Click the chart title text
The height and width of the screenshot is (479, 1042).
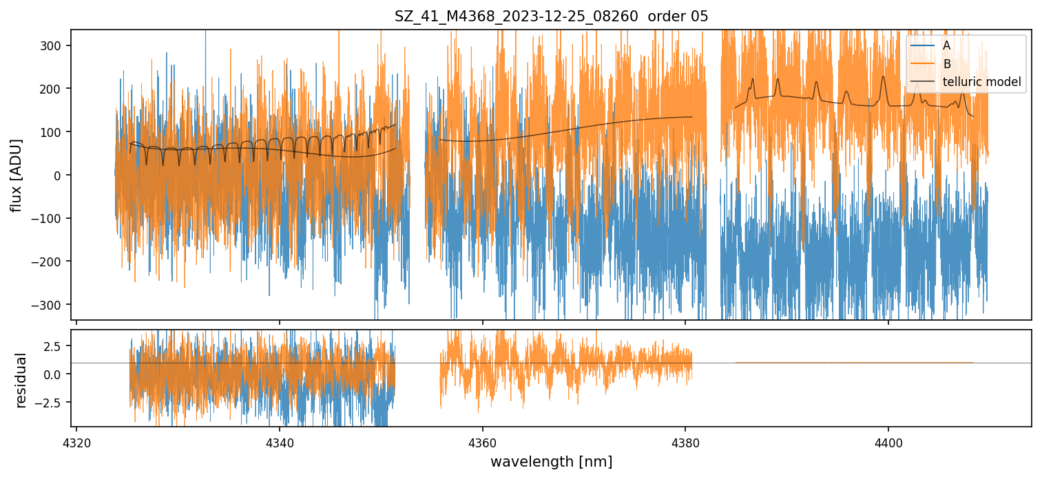pos(551,17)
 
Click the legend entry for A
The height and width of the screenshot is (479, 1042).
pos(946,45)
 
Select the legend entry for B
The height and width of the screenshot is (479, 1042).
pos(947,64)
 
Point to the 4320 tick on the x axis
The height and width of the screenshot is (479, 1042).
pos(76,440)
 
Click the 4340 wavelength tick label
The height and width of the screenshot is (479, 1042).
pos(279,440)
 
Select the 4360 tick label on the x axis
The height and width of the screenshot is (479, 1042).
pos(482,440)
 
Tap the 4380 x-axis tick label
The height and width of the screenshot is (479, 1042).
pos(685,440)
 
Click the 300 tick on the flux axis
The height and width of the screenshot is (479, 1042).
pos(53,45)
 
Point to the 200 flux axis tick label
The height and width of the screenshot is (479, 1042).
pos(53,89)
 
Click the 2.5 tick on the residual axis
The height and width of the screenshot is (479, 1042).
pos(54,345)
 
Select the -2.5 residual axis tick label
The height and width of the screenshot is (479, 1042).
pos(52,402)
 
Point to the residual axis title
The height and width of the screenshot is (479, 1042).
pos(21,380)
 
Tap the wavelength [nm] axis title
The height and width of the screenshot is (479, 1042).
pos(551,461)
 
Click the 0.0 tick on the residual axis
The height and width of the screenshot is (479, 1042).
pos(54,374)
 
